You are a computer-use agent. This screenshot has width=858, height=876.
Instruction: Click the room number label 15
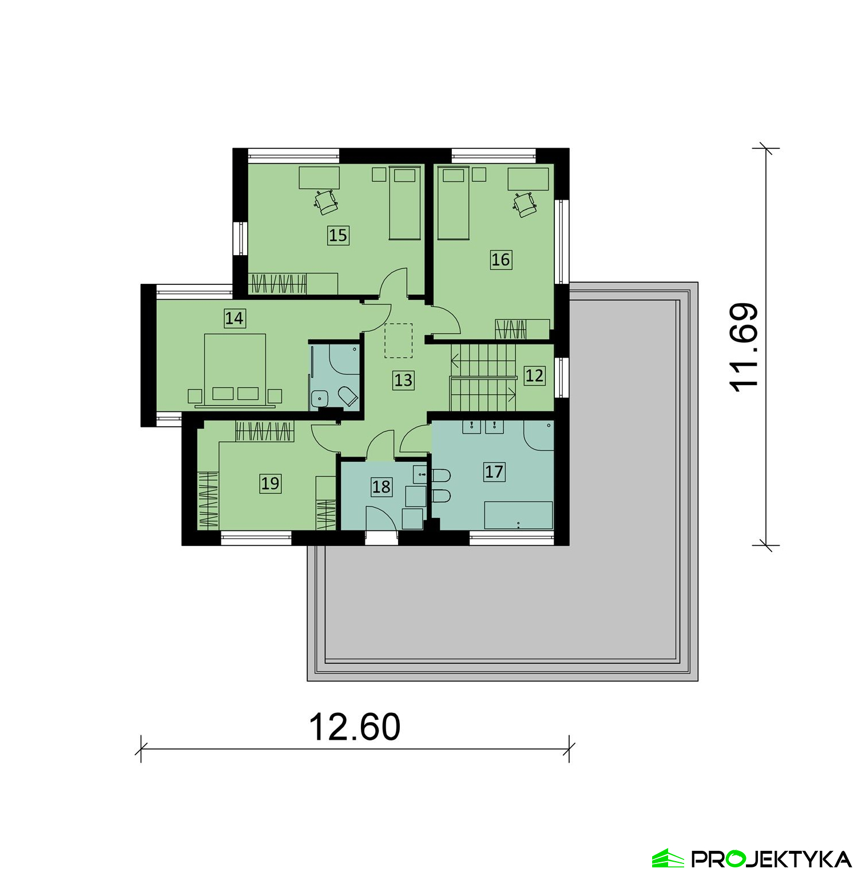[338, 235]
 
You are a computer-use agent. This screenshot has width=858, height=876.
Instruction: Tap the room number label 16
[500, 260]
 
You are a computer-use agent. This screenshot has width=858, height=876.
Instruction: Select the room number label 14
[234, 318]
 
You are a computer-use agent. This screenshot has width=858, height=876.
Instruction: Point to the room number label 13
[403, 380]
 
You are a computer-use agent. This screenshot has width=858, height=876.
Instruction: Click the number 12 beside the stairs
[534, 376]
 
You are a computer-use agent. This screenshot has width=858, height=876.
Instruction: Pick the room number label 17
[494, 472]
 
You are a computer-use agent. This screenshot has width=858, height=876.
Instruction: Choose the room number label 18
[382, 487]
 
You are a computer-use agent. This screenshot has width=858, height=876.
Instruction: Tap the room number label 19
[270, 483]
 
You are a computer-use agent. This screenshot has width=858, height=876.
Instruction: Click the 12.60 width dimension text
[355, 727]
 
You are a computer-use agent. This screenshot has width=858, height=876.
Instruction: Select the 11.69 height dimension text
[744, 347]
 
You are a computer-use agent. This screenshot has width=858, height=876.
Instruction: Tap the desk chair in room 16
[525, 204]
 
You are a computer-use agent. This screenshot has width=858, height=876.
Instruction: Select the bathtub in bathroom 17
[518, 515]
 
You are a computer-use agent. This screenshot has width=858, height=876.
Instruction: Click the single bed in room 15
[405, 203]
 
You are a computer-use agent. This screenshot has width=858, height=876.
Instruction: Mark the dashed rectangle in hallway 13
[398, 340]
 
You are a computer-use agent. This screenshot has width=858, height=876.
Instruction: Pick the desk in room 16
[529, 179]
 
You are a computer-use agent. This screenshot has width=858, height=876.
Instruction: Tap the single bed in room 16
[454, 203]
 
